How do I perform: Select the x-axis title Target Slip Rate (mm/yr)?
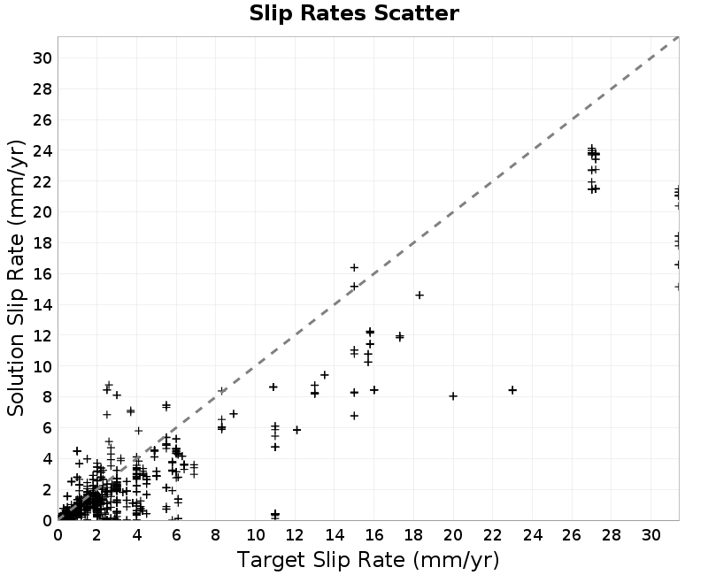pos(368,560)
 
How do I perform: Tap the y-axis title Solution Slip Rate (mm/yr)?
pos(16,278)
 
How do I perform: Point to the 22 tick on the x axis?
pos(493,535)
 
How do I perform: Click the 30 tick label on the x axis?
pos(650,535)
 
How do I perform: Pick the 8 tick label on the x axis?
pos(215,535)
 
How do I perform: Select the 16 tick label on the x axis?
pos(373,535)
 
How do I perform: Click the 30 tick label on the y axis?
pos(42,58)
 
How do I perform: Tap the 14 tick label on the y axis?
pos(42,304)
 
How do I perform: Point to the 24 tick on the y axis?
pos(42,150)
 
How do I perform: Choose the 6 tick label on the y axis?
pos(47,428)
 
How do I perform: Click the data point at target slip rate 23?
pos(512,390)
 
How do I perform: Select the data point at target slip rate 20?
pos(453,396)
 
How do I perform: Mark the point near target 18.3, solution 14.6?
pos(419,295)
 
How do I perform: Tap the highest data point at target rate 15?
pos(354,268)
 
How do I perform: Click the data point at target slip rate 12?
pos(296,430)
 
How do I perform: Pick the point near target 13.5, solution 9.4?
pos(324,375)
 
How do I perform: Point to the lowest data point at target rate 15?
pos(354,416)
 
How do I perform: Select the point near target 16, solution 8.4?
pos(373,390)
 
